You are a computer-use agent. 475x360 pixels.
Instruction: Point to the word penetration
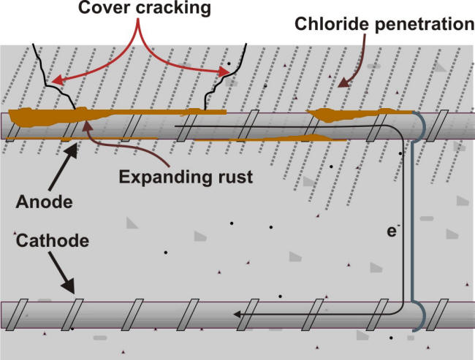tap(422, 25)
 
